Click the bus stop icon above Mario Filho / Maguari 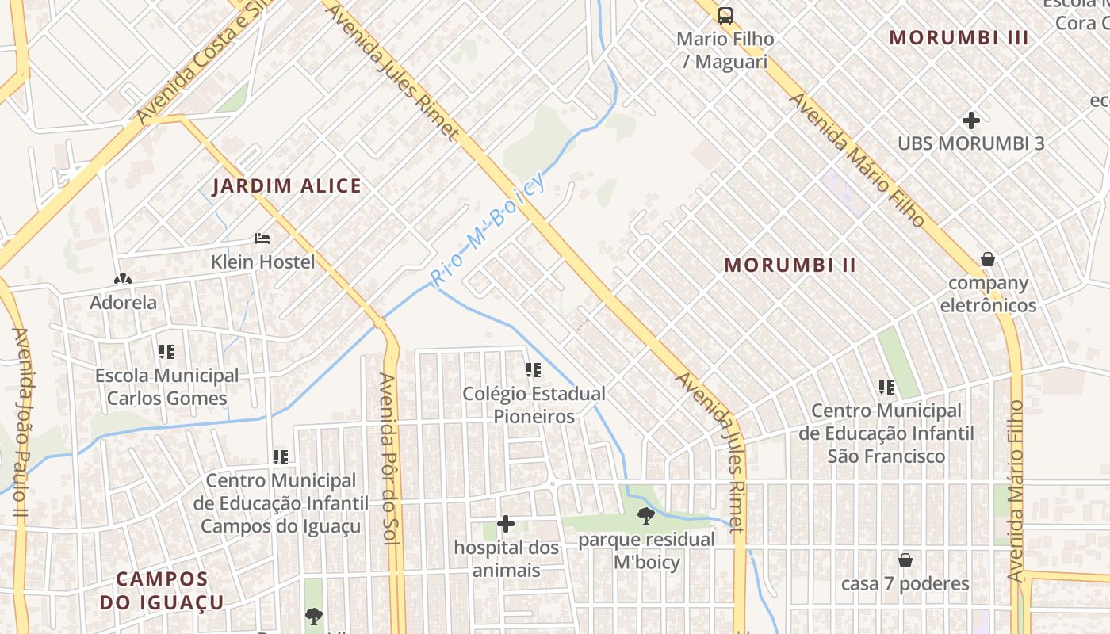(x=725, y=15)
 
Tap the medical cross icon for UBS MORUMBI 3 (x=971, y=120)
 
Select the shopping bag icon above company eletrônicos (x=988, y=259)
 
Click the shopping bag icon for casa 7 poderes (x=905, y=560)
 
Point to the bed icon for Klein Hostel (x=262, y=238)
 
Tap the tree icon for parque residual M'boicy (x=646, y=516)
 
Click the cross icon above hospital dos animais (x=506, y=524)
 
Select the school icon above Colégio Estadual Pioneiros (x=534, y=369)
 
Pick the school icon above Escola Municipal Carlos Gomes (x=166, y=351)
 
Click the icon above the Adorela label (x=122, y=279)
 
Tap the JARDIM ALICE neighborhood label (x=287, y=186)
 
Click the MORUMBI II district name (x=790, y=265)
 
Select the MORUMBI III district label (x=959, y=37)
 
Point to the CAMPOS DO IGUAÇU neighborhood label (x=162, y=590)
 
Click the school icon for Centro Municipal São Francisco (x=886, y=388)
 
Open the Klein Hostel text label (x=262, y=262)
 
